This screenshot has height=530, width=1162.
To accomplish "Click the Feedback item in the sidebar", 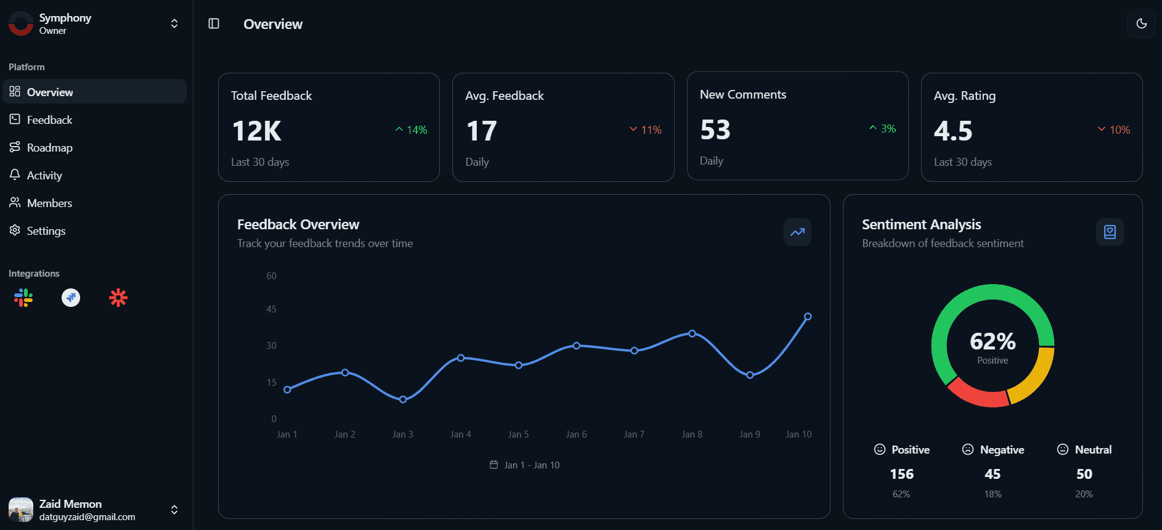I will tap(49, 120).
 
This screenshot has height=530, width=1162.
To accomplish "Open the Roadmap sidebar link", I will tap(49, 148).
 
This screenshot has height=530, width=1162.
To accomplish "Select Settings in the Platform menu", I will tap(46, 231).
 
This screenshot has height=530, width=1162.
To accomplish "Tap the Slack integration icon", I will tap(23, 298).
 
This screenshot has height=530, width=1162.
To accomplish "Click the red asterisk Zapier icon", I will tap(118, 298).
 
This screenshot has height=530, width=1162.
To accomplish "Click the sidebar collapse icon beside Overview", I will tap(214, 24).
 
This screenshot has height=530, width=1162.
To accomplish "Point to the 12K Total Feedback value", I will tap(257, 131).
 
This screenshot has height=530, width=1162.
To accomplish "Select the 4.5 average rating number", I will tap(953, 131).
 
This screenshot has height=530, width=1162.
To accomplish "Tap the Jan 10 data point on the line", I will tap(808, 317).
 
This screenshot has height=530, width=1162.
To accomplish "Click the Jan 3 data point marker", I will tap(403, 399).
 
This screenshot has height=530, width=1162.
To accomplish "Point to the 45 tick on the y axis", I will tap(271, 309).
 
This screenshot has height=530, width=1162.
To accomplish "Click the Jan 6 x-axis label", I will tap(576, 434).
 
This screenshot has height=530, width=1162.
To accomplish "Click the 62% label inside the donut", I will tap(993, 341).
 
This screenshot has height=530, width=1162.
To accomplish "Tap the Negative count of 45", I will tap(993, 475).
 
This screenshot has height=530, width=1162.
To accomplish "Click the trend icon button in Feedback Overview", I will tap(797, 232).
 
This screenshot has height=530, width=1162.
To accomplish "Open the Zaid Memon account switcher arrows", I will tap(174, 510).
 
